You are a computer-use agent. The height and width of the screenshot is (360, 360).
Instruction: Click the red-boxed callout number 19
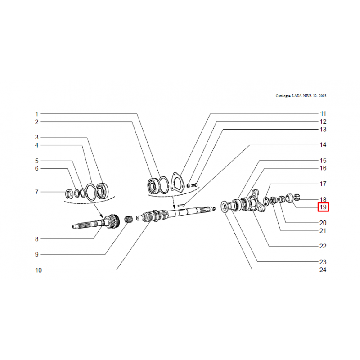(323, 207)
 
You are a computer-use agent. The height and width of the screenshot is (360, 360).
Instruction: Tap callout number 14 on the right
(323, 145)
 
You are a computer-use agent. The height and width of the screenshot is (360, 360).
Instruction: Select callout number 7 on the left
(36, 192)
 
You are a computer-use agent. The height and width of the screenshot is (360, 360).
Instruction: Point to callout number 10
(38, 270)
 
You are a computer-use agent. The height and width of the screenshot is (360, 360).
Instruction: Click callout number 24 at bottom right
(323, 270)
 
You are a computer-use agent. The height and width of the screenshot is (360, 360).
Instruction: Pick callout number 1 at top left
(36, 114)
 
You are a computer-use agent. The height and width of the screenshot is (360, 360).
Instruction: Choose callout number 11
(323, 114)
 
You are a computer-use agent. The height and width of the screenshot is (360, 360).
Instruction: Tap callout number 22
(323, 246)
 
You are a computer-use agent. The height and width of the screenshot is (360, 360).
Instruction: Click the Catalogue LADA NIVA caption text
(301, 96)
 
